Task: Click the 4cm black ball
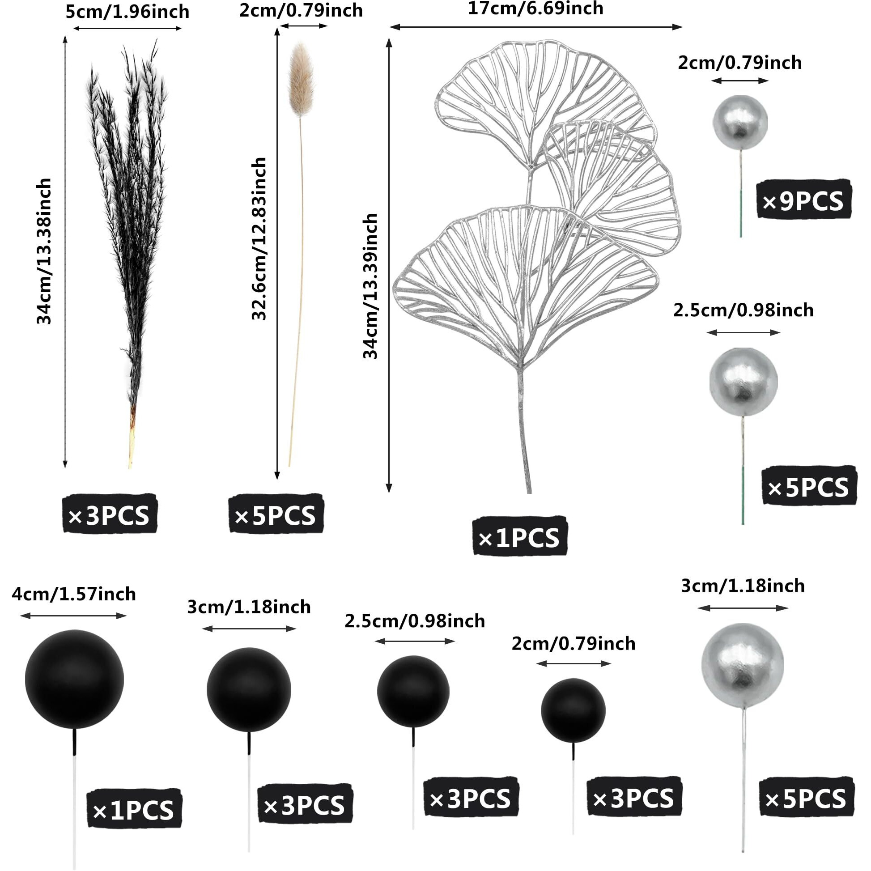click(x=74, y=679)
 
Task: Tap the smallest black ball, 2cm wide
click(x=573, y=710)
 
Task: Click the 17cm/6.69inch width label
click(x=535, y=9)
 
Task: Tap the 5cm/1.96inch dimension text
click(x=127, y=12)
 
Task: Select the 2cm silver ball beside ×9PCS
click(x=740, y=123)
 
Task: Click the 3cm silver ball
click(x=743, y=665)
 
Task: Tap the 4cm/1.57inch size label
click(x=74, y=594)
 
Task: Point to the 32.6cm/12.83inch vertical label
click(x=259, y=239)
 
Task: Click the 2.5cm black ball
click(x=413, y=691)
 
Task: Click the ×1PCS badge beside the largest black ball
click(x=134, y=810)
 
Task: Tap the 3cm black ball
click(x=249, y=690)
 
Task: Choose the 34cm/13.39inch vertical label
click(x=370, y=286)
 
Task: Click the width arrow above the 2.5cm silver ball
click(x=743, y=333)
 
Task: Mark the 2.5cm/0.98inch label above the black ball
click(x=415, y=621)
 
